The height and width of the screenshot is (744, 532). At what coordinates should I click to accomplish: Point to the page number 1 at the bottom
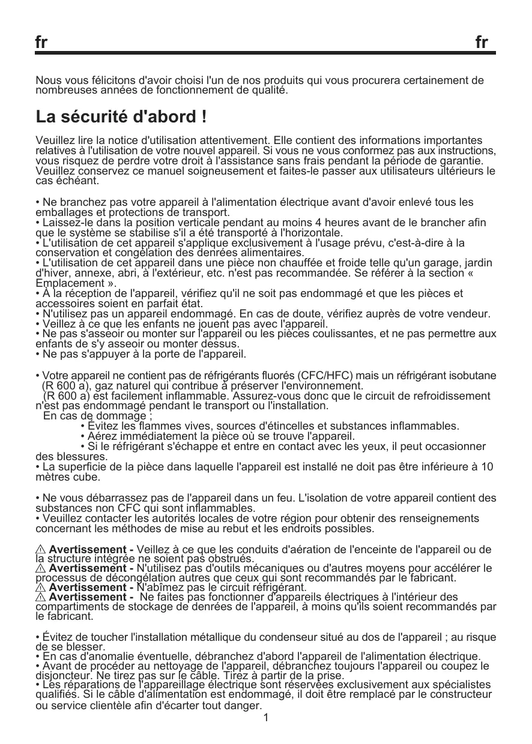click(x=266, y=718)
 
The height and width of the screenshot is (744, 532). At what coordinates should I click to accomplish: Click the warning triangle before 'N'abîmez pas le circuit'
click(x=41, y=587)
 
